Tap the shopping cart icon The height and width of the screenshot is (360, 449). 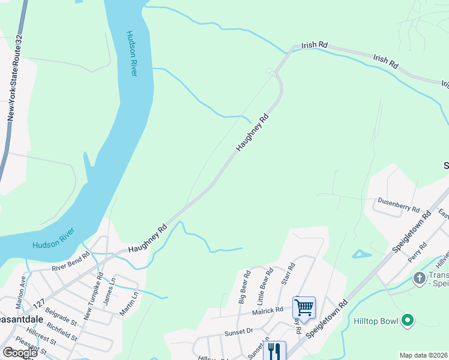pyautogui.click(x=304, y=308)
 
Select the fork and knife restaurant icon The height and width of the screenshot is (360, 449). pyautogui.click(x=274, y=350)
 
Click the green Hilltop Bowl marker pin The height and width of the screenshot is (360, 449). pyautogui.click(x=408, y=321)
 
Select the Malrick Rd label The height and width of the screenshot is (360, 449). pyautogui.click(x=268, y=310)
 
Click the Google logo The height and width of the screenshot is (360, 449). pyautogui.click(x=19, y=353)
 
